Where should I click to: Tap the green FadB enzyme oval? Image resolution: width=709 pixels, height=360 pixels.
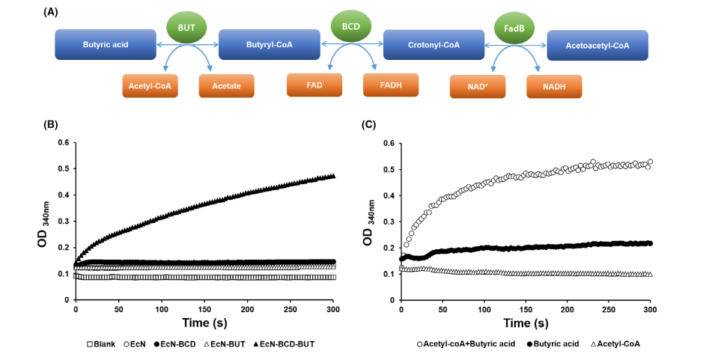coord(514,30)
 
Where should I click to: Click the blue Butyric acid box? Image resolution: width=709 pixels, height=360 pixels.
coord(106,45)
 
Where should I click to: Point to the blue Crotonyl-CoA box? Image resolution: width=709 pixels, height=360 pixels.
coord(433,45)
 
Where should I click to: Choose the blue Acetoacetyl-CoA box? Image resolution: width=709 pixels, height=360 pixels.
coord(597,45)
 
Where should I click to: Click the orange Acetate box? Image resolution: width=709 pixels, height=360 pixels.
coord(226,86)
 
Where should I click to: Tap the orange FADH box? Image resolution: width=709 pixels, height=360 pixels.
coord(391,85)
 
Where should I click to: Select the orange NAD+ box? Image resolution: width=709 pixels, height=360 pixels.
coord(478,87)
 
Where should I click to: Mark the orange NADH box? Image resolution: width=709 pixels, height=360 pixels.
coord(554,87)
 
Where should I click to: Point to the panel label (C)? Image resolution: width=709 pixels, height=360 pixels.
coord(368,125)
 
